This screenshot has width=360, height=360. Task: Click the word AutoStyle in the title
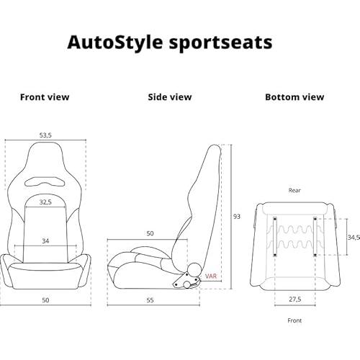tap(115, 43)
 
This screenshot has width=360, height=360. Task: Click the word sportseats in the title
tap(220, 43)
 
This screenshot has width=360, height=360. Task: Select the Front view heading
tap(45, 97)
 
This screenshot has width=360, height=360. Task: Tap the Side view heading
tap(170, 97)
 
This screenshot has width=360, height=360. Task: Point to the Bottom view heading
tap(294, 97)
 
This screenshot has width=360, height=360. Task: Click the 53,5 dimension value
tap(45, 135)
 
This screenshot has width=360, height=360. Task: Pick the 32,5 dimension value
tap(45, 202)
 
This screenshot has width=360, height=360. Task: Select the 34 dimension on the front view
tap(45, 240)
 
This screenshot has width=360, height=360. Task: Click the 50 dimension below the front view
tap(45, 300)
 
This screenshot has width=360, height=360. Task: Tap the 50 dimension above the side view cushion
tap(150, 233)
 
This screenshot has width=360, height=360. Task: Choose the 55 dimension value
tap(150, 300)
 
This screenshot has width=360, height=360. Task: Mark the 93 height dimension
tap(237, 217)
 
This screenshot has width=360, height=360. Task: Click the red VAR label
tap(211, 276)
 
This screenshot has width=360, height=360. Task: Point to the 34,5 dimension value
tap(354, 238)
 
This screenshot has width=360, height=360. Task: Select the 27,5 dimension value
tap(295, 300)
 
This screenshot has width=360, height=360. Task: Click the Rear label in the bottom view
tap(294, 190)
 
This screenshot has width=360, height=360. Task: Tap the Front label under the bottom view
tap(294, 320)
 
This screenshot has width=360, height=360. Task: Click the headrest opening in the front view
tap(45, 182)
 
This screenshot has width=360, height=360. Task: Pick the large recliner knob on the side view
tap(194, 269)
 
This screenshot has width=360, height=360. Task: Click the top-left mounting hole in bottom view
tap(275, 219)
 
